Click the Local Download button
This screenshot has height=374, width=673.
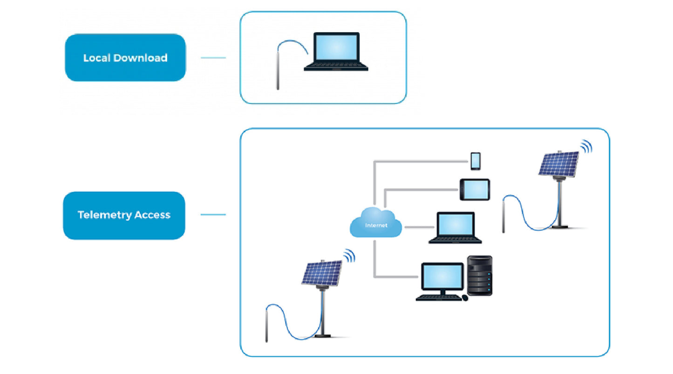pos(125,58)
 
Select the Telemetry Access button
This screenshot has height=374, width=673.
pos(124,215)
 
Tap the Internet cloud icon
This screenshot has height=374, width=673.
pos(376,223)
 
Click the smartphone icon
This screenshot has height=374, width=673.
pos(476,161)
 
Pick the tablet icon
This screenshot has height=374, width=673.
pos(475,190)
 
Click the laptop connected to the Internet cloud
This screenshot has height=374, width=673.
pos(455,227)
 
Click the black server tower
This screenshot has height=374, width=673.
pos(480,275)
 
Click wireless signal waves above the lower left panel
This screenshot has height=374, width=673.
pos(349,255)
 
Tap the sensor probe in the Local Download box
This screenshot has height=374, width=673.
pos(278,70)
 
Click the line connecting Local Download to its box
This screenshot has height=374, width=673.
pos(213,58)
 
